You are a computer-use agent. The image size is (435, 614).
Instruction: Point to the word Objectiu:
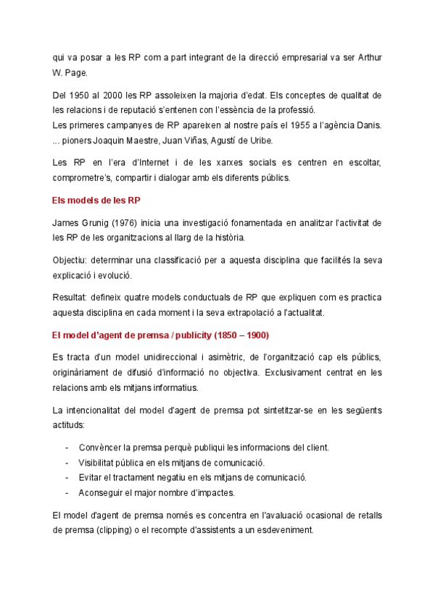point(72,260)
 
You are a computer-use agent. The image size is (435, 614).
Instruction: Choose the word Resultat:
point(72,298)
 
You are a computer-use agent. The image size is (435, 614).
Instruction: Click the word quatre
point(148,298)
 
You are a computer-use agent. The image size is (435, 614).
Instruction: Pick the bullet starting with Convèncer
point(203,447)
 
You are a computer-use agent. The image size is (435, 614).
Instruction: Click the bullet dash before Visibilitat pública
point(67,462)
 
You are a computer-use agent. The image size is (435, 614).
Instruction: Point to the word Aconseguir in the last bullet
point(102,492)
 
